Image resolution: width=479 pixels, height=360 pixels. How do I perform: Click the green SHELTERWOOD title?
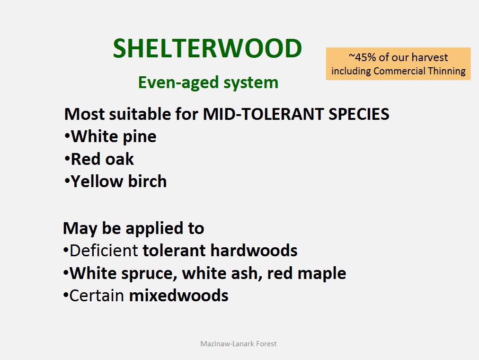(207, 48)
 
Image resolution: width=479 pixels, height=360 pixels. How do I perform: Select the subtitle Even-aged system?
(208, 82)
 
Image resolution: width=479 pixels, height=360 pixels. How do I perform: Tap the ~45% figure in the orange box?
(362, 57)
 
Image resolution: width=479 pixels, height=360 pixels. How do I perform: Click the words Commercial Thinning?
(419, 71)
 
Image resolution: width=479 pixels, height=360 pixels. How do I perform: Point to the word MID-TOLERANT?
(263, 114)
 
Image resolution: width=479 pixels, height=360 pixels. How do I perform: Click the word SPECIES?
(359, 114)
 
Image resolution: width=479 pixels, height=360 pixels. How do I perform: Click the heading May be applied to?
(133, 229)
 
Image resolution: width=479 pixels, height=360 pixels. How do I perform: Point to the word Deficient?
(104, 251)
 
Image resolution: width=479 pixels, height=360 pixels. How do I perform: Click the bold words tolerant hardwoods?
(220, 251)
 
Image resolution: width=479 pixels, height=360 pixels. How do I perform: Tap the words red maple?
(306, 273)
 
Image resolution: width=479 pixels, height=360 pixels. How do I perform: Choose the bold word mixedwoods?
(179, 296)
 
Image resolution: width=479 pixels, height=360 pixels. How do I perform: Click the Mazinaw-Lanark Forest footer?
(239, 344)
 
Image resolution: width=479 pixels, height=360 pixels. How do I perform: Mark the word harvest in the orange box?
(429, 57)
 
